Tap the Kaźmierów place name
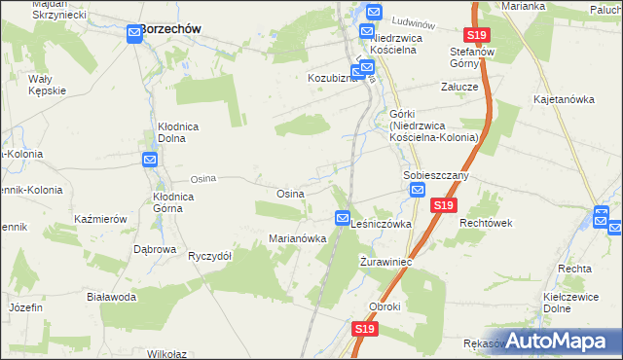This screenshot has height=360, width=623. [101, 220]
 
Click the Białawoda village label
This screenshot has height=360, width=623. [110, 297]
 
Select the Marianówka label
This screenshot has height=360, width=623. [297, 239]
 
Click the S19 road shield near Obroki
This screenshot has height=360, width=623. [364, 330]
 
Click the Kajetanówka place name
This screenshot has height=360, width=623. [564, 100]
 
